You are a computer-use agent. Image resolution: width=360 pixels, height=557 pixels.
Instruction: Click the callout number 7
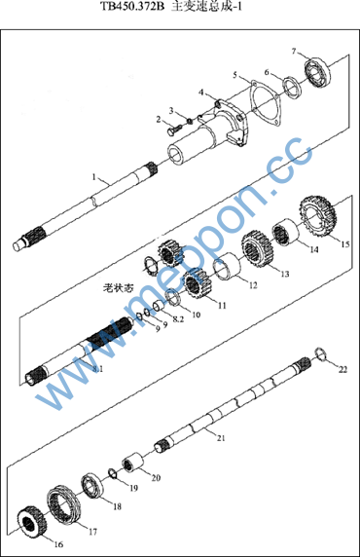click(x=294, y=52)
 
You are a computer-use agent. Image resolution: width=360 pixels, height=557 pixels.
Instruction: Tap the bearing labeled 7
click(x=318, y=72)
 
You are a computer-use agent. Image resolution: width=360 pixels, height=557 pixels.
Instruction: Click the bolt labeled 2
click(x=174, y=129)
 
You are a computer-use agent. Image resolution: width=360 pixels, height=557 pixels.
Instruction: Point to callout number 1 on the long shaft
click(x=94, y=177)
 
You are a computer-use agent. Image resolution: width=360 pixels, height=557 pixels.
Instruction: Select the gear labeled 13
click(x=258, y=248)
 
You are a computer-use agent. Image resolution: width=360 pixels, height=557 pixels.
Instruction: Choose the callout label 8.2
click(x=178, y=319)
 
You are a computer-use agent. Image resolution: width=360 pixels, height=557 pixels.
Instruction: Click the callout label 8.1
click(x=97, y=369)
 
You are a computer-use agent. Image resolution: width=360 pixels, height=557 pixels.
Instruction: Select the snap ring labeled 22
click(x=320, y=354)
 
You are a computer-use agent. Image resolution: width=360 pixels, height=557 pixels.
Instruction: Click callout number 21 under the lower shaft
click(x=221, y=438)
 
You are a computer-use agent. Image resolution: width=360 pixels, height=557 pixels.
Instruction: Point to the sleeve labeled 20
click(x=133, y=464)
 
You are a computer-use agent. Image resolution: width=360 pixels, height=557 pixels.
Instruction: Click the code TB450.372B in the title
click(x=132, y=6)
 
